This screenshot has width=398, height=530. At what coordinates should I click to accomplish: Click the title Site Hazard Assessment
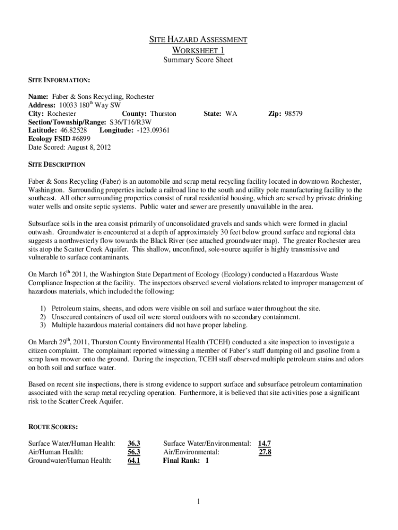click(198, 40)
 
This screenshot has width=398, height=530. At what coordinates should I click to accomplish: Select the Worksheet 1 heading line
click(198, 50)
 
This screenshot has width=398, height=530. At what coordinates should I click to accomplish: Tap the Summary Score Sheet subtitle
click(198, 60)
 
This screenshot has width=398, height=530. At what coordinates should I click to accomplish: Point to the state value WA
click(231, 113)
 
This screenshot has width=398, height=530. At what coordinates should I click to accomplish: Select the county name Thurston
click(163, 113)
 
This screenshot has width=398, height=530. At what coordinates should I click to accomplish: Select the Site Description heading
click(56, 165)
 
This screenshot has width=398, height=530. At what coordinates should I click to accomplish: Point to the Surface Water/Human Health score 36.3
click(134, 443)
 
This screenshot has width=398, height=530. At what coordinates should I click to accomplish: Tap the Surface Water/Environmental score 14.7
click(265, 443)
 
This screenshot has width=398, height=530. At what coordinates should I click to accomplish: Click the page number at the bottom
click(198, 502)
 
